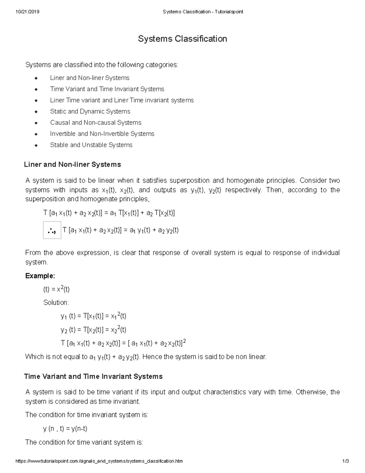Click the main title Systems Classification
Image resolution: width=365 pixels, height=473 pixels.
tap(182, 39)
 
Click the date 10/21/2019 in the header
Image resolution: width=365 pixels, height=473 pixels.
tap(27, 12)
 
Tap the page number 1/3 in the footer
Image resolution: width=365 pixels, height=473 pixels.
tap(345, 461)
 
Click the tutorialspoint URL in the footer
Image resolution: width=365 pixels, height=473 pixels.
tap(99, 461)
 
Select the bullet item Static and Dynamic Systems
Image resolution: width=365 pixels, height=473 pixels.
tap(90, 111)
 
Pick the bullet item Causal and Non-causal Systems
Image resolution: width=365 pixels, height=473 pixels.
tap(96, 123)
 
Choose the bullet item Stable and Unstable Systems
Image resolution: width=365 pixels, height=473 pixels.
tap(91, 145)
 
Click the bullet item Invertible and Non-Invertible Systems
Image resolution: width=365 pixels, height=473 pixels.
tap(102, 134)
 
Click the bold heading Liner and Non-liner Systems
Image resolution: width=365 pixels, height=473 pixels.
tap(72, 165)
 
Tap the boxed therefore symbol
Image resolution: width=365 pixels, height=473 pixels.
tap(52, 231)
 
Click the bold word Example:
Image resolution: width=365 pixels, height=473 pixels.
tap(40, 276)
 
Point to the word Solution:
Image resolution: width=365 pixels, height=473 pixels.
tap(56, 302)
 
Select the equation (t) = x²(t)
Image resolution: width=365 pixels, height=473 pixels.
tap(56, 289)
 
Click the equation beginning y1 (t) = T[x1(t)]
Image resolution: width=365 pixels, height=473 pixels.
tap(93, 316)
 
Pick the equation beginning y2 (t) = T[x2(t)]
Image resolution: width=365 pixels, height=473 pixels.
tap(93, 330)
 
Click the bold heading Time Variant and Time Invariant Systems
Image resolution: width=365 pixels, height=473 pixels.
tap(93, 377)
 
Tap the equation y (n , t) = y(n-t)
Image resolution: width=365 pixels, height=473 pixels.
tap(65, 429)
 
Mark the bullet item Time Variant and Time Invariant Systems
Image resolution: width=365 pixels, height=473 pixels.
tap(107, 89)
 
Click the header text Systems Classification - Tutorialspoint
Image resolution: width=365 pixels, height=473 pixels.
tap(203, 12)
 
